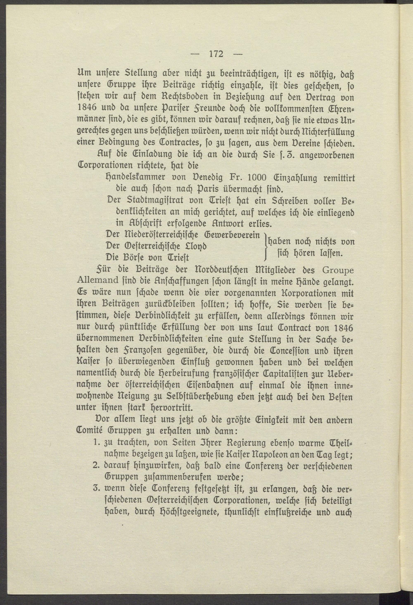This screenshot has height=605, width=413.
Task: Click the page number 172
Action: click(216, 54)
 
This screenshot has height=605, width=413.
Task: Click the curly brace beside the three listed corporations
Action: click(265, 246)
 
